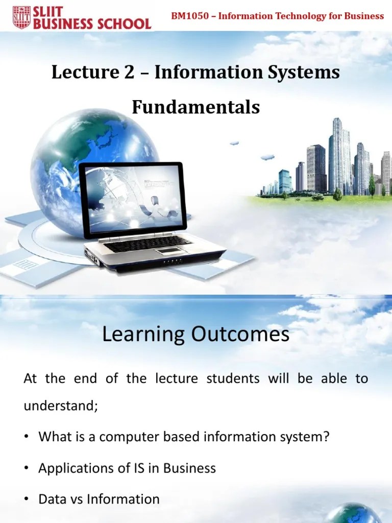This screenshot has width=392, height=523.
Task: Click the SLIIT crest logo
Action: pos(21,17)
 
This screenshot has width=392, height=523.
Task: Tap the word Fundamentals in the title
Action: pos(196,107)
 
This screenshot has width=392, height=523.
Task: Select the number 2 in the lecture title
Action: pos(129,72)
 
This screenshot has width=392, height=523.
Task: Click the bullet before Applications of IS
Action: pos(27,468)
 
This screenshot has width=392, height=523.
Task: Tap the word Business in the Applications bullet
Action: pos(190,468)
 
